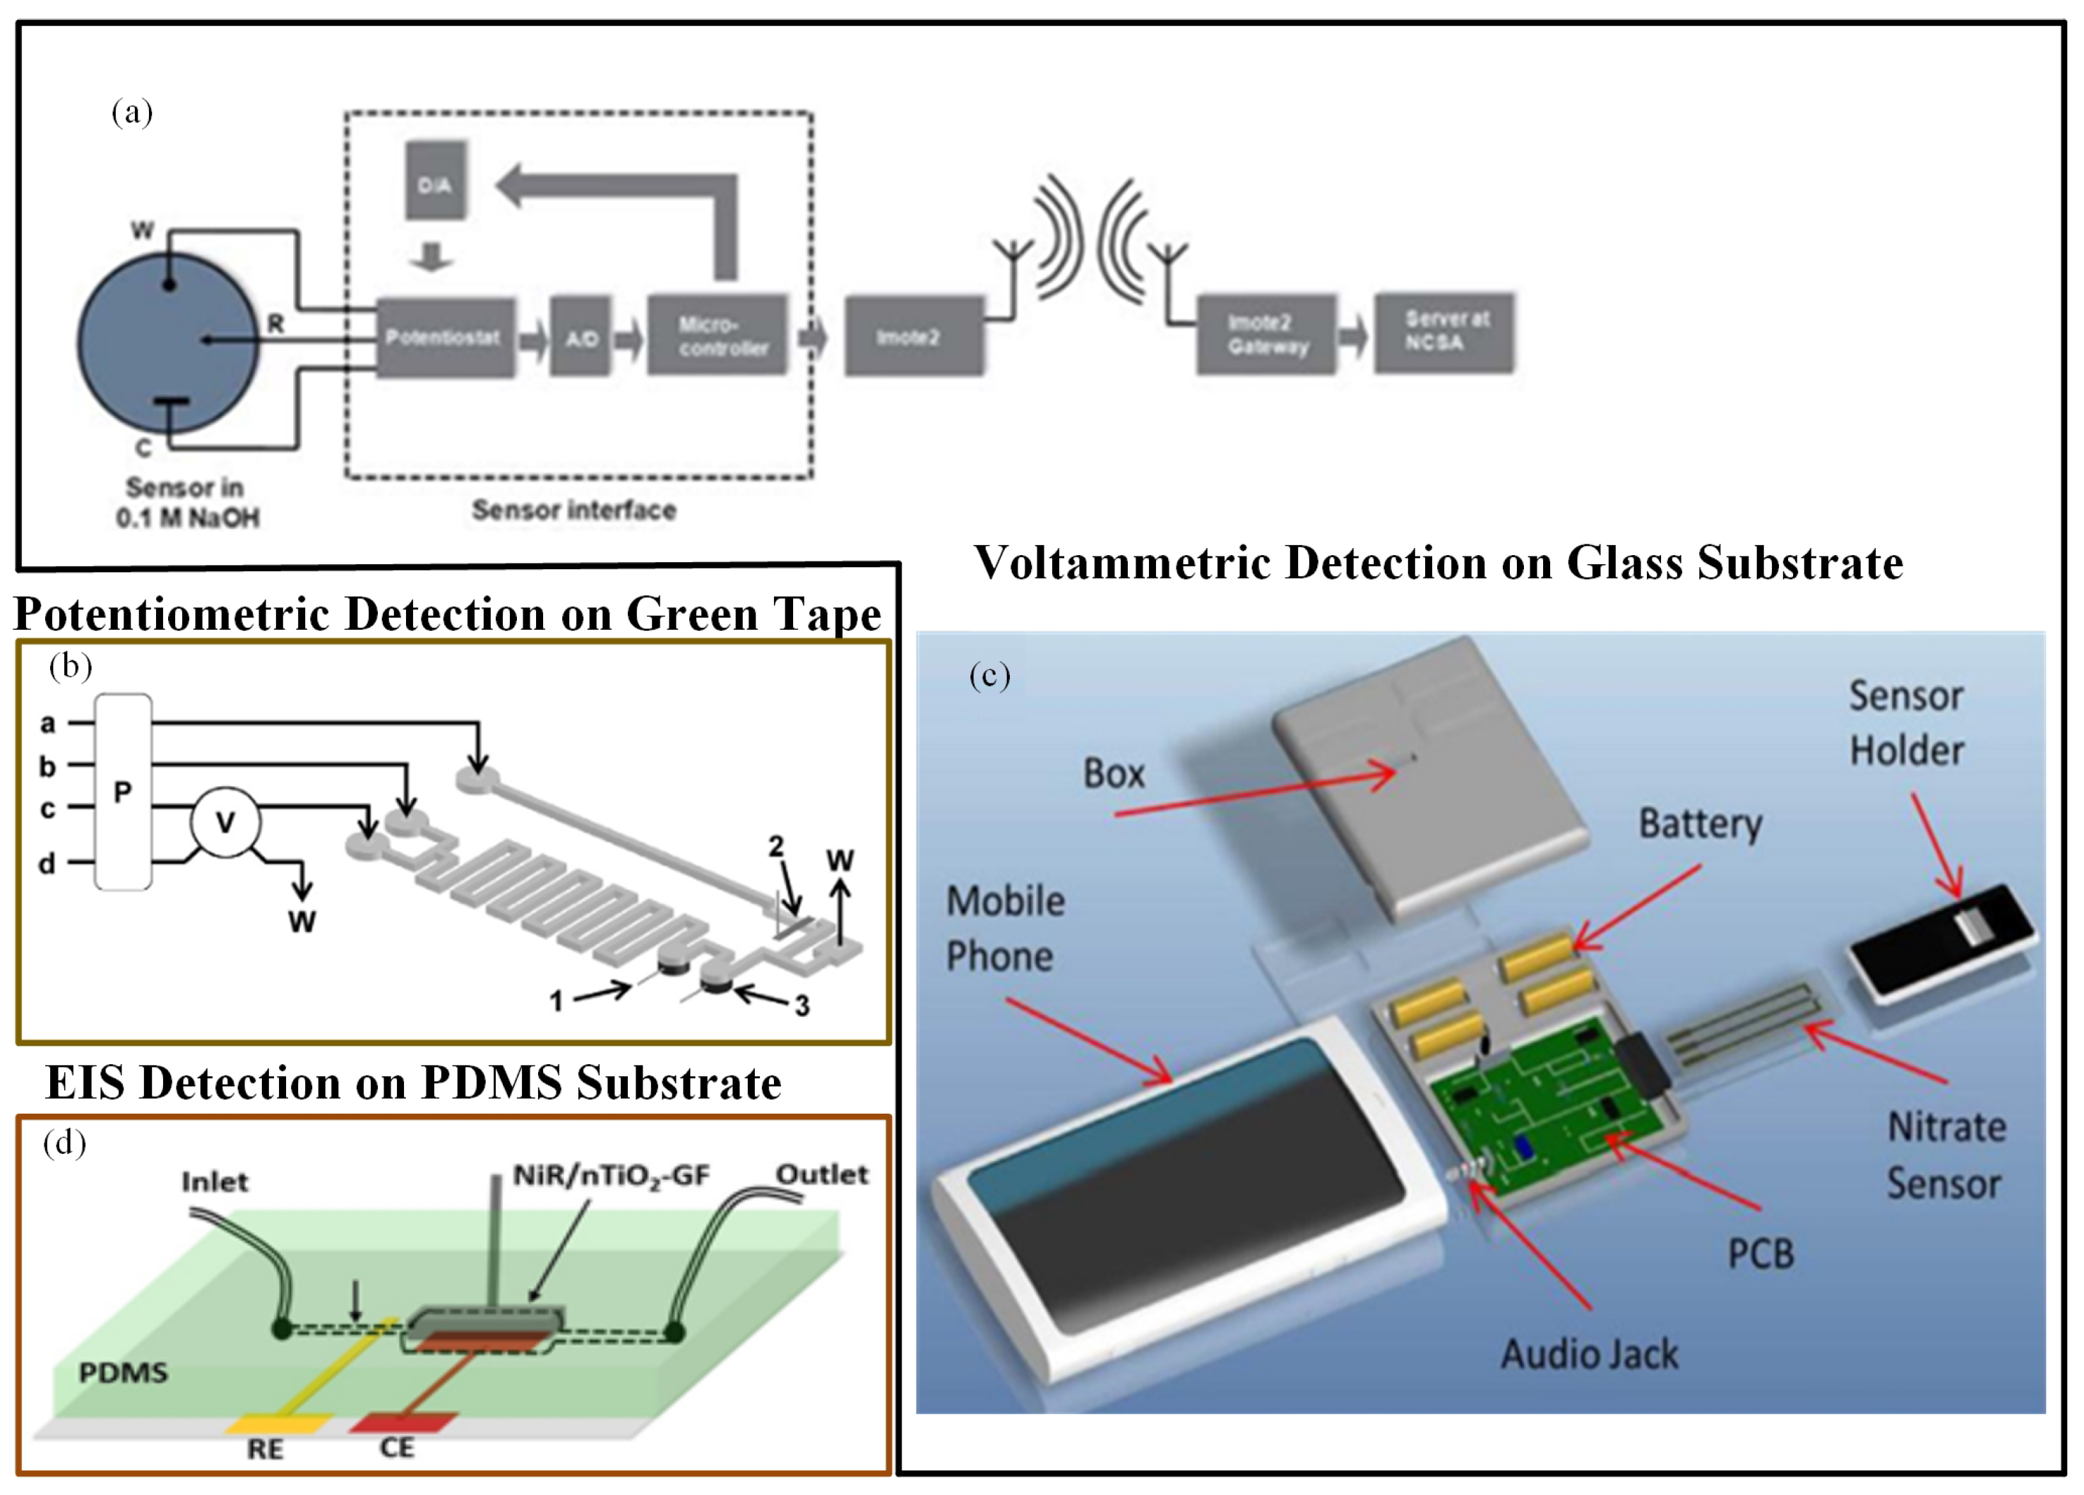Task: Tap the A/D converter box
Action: point(580,338)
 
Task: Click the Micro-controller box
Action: point(718,335)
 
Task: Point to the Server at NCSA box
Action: point(1443,332)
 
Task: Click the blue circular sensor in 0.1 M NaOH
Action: point(168,343)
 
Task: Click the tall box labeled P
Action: point(123,792)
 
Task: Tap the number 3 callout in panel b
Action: point(802,1005)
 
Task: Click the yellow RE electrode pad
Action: point(278,1424)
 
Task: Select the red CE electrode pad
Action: point(403,1422)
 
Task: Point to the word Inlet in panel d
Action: point(214,1181)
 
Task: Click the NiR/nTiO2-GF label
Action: point(611,1175)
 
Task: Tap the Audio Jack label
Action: point(1589,1354)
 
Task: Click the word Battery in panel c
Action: point(1700,823)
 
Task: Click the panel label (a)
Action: point(131,112)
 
